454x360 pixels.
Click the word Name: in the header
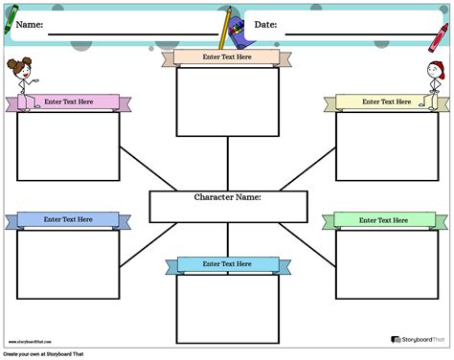(x=29, y=25)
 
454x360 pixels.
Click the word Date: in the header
(x=266, y=25)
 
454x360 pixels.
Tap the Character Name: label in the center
(x=228, y=197)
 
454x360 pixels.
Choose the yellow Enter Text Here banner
(x=381, y=101)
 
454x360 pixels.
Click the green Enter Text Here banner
(x=381, y=220)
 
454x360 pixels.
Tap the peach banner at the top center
(x=227, y=57)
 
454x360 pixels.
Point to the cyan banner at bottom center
(x=227, y=264)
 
